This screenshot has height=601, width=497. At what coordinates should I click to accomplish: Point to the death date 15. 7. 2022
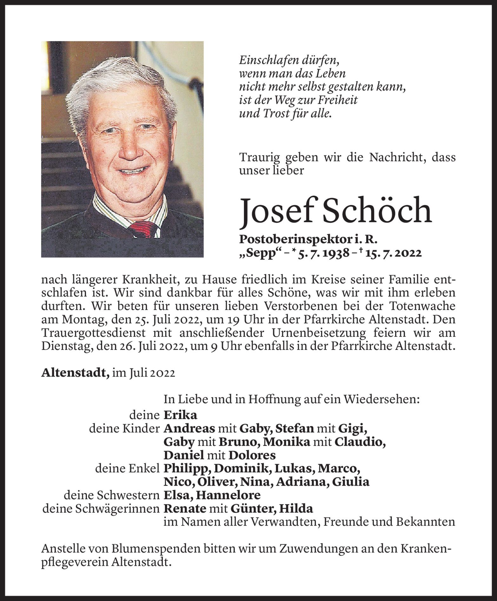pos(389,253)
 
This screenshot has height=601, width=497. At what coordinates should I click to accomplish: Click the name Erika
pos(180,415)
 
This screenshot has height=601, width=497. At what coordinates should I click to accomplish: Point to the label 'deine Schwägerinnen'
pos(101,509)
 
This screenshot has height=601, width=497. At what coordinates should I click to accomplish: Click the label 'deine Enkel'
pos(127,469)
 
